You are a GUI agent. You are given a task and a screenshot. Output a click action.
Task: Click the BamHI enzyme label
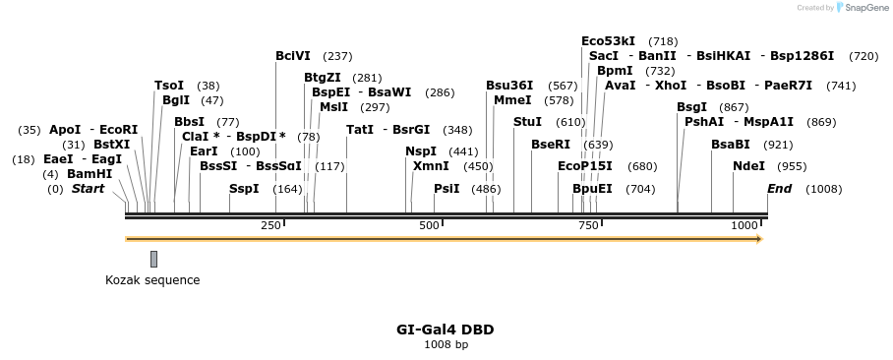point(89,174)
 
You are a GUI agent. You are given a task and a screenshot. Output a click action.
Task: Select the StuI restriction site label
point(527,121)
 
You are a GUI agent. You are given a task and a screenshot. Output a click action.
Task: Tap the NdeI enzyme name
point(748,166)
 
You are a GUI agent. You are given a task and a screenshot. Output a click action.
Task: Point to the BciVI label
point(293,56)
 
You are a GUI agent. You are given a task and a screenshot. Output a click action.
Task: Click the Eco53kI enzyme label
point(608,41)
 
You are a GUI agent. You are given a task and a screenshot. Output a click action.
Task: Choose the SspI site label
point(244,189)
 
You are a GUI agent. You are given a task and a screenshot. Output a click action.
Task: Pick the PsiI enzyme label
point(446,189)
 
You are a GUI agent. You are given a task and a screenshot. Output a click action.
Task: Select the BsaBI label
point(731,144)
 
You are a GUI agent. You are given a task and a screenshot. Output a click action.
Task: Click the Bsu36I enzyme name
point(509,86)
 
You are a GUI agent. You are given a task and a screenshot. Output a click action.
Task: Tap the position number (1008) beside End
point(823,189)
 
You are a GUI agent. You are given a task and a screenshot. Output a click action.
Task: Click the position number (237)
point(337,56)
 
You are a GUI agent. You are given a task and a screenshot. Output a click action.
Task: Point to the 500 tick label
point(429,227)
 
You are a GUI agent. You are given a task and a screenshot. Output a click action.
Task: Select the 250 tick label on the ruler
point(270,227)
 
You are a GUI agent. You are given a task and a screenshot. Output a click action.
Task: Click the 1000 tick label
point(744,227)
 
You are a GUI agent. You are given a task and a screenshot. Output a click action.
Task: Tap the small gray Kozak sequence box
point(153,259)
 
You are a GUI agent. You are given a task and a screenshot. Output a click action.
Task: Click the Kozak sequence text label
point(152,280)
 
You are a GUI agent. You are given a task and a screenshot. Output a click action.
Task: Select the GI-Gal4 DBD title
point(446,330)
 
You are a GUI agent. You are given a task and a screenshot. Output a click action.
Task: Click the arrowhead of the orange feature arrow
point(758,238)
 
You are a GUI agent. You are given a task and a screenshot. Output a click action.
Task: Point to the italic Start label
point(88,189)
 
